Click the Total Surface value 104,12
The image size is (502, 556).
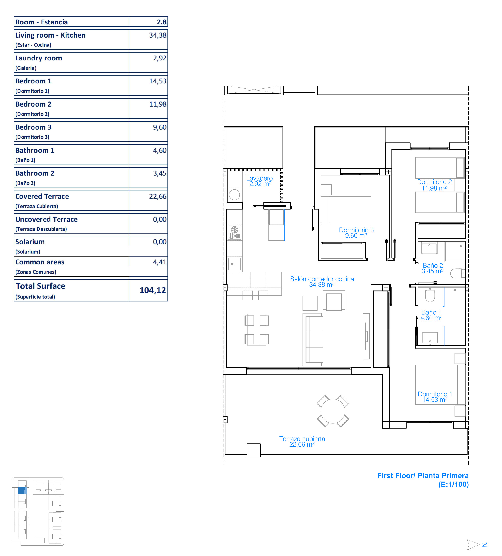pyautogui.click(x=153, y=290)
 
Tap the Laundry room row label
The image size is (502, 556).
pyautogui.click(x=39, y=58)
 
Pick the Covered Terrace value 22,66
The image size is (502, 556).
pyautogui.click(x=158, y=196)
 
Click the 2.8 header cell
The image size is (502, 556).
pyautogui.click(x=162, y=22)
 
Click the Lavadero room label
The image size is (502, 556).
pyautogui.click(x=259, y=178)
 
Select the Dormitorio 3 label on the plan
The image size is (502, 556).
pyautogui.click(x=356, y=230)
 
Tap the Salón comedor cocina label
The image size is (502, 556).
pyautogui.click(x=322, y=279)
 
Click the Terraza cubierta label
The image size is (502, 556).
pyautogui.click(x=302, y=439)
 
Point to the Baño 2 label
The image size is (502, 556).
pyautogui.click(x=433, y=266)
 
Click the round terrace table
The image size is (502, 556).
pyautogui.click(x=333, y=411)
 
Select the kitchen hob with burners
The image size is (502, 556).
pyautogui.click(x=234, y=233)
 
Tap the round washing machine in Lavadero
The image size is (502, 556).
pyautogui.click(x=234, y=195)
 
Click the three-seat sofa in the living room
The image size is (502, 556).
pyautogui.click(x=314, y=339)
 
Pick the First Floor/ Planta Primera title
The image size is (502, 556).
pyautogui.click(x=423, y=475)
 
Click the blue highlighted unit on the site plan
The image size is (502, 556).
pyautogui.click(x=22, y=491)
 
